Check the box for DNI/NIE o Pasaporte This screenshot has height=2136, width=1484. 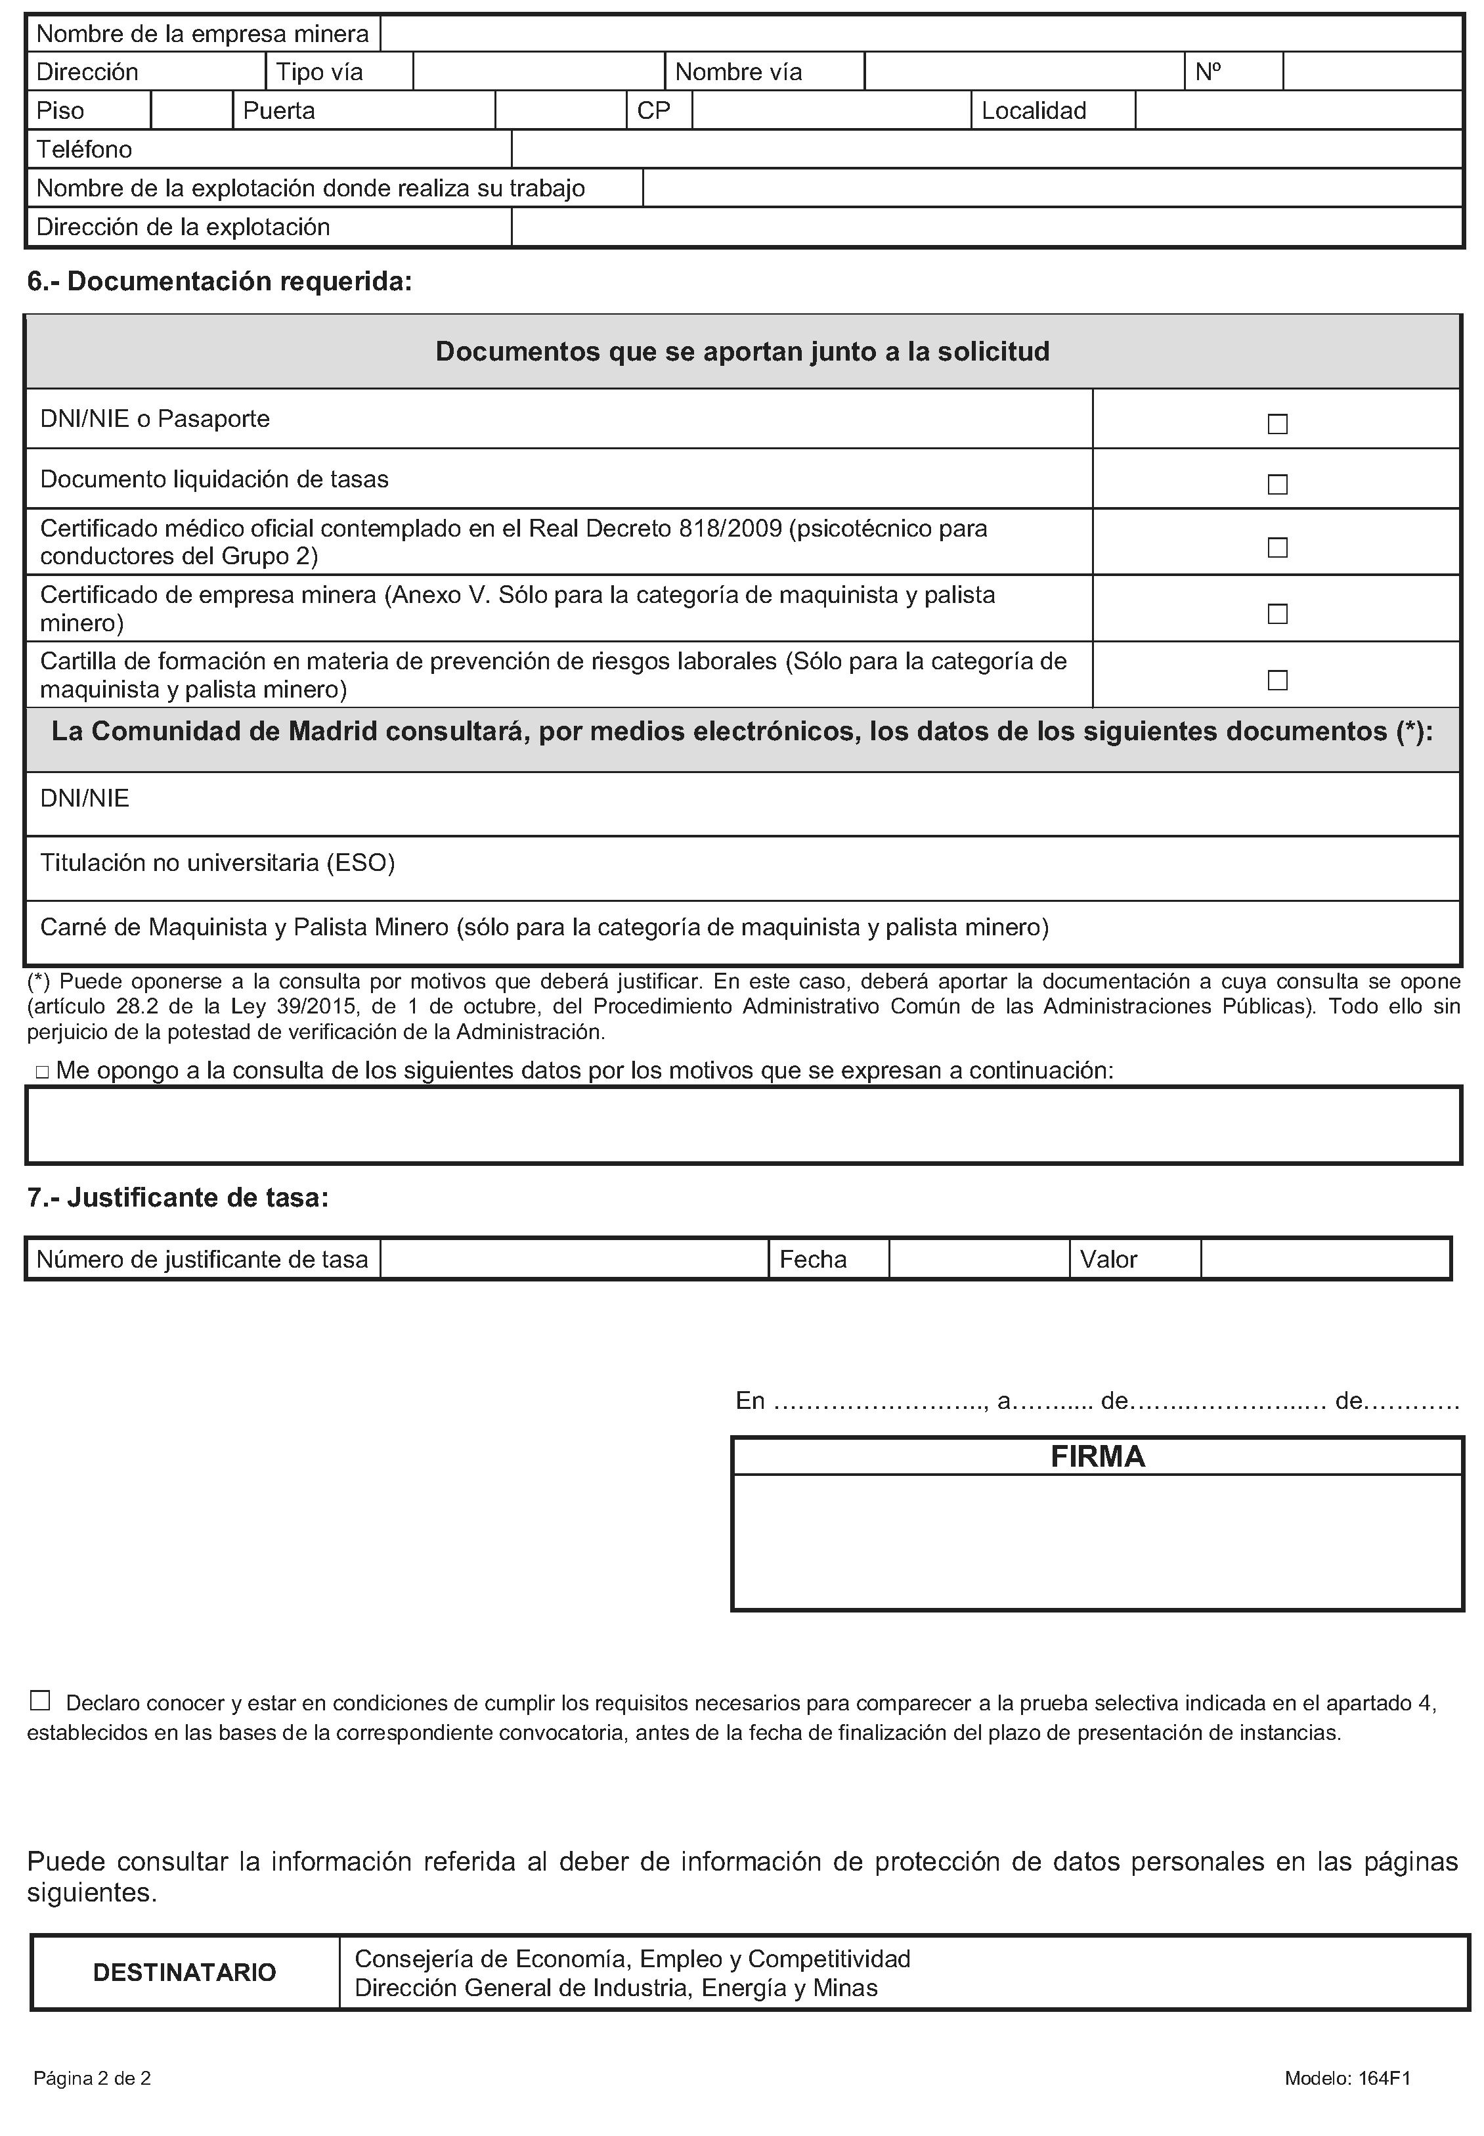point(1278,424)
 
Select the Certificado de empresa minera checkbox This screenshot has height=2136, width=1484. point(1278,613)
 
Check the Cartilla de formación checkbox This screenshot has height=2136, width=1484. point(1278,680)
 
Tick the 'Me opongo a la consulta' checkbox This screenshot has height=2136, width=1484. point(42,1072)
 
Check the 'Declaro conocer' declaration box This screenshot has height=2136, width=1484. point(39,1701)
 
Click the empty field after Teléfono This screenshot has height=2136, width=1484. point(986,149)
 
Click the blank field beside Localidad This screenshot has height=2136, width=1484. point(1298,110)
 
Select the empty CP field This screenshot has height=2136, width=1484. point(831,110)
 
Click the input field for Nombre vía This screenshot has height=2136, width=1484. point(1024,72)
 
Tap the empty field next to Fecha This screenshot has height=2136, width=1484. point(978,1259)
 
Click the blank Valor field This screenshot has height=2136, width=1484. point(1325,1259)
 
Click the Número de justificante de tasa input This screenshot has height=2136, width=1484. point(574,1259)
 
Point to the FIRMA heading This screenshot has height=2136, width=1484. point(1097,1456)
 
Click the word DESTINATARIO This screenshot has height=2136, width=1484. point(184,1972)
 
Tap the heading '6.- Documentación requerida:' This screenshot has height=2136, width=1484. point(219,281)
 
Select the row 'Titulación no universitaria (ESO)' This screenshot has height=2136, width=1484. point(217,863)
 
